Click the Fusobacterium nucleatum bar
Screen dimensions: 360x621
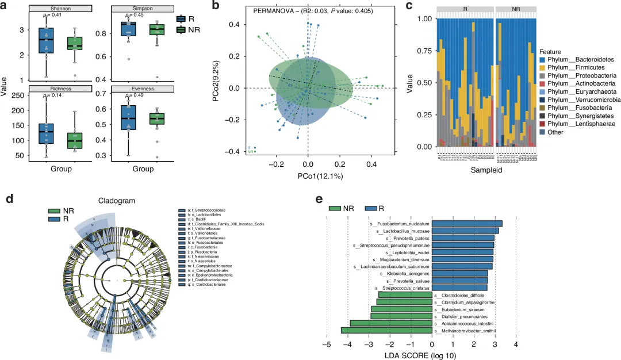[x=467, y=224]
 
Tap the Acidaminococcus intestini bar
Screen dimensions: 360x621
[x=391, y=323]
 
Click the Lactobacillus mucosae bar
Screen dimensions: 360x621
[x=465, y=231]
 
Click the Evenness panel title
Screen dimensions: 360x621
[x=139, y=88]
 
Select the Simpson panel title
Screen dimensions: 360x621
[x=139, y=9]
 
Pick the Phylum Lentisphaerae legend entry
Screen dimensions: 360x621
[x=577, y=124]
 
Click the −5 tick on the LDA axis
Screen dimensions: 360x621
[x=327, y=345]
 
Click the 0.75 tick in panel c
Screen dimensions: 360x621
[x=422, y=51]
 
